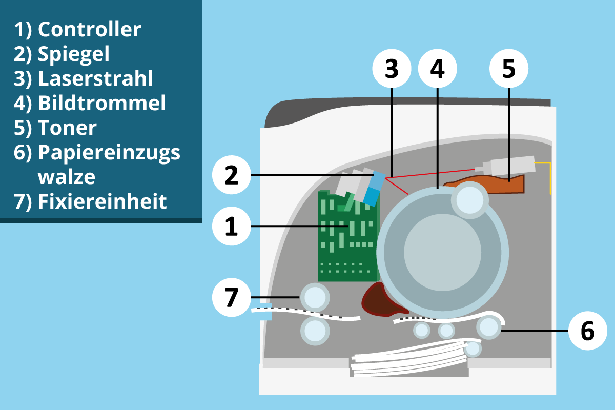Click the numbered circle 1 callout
tap(232, 225)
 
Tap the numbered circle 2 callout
tap(232, 176)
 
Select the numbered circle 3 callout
tap(392, 69)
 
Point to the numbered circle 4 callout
tap(437, 69)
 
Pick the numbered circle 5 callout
tap(508, 69)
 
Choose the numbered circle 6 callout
tap(588, 331)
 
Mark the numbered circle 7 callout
tap(232, 297)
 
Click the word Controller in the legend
tap(89, 30)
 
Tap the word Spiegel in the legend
tap(74, 54)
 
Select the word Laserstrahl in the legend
tap(95, 79)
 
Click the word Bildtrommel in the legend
tap(102, 104)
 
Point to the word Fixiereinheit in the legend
tap(102, 201)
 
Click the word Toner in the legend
tap(67, 128)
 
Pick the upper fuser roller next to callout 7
tap(314, 296)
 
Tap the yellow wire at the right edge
tap(549, 177)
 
